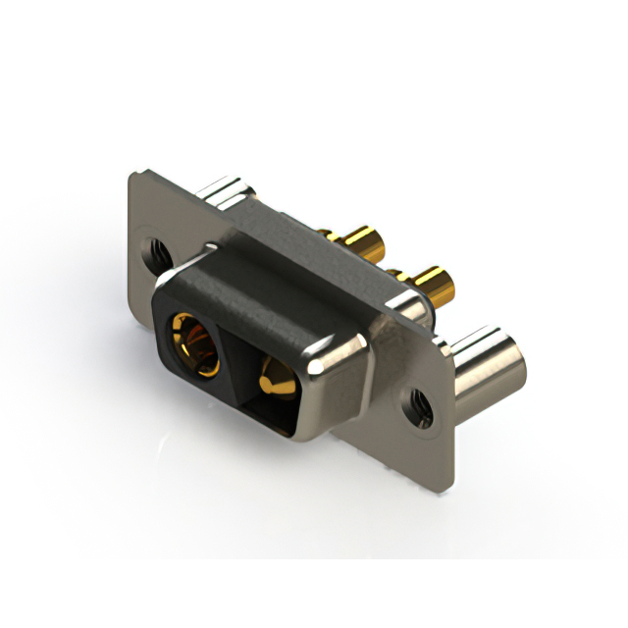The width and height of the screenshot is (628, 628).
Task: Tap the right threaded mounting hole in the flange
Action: (x=419, y=403)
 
